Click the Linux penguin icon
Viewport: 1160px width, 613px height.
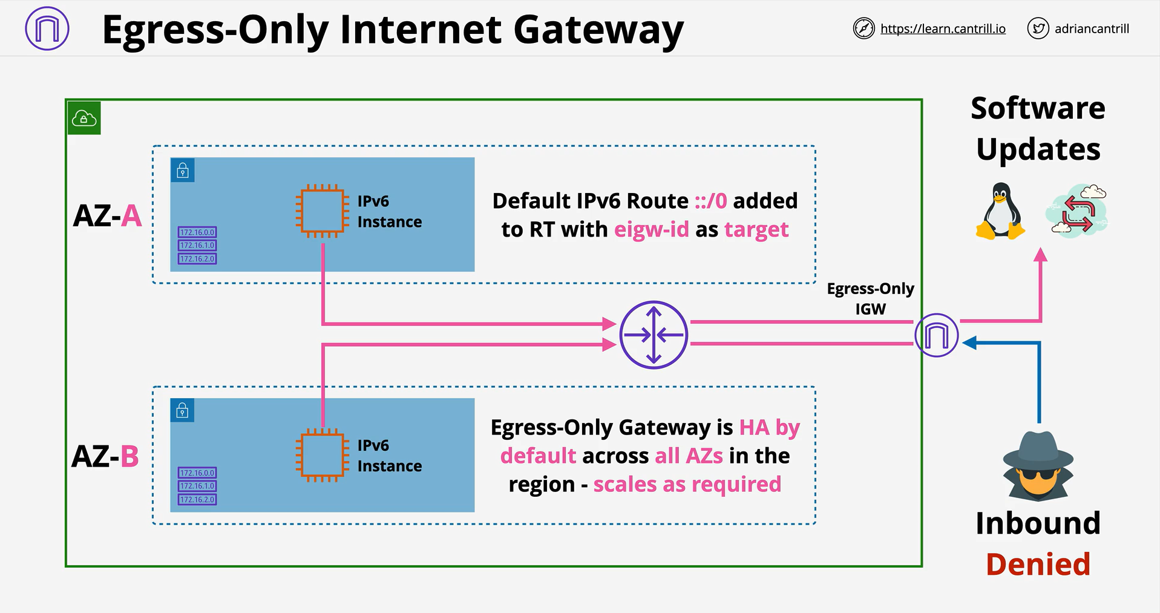pos(1000,211)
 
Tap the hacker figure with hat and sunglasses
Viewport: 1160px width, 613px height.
pos(1038,466)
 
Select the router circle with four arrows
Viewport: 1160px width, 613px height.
pos(654,335)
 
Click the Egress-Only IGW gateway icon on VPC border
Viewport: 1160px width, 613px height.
pos(936,335)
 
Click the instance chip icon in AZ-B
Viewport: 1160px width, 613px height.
pos(323,455)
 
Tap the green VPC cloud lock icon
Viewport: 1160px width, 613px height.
pos(84,118)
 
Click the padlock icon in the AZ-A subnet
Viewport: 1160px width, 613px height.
pos(183,171)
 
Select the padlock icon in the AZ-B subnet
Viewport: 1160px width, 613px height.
pos(183,411)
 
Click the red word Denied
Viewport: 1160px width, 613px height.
pos(1038,564)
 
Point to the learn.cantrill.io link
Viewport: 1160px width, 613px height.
pos(943,28)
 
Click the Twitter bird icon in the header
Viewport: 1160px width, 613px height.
pos(1038,28)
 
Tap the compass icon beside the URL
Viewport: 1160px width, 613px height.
pos(863,28)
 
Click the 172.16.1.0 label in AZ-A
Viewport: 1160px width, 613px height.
pos(197,246)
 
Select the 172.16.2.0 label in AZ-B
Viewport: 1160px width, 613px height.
pos(197,500)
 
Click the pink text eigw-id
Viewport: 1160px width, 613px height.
pos(651,230)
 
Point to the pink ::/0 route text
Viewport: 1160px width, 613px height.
pos(710,201)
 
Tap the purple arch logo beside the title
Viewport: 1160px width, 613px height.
pos(47,28)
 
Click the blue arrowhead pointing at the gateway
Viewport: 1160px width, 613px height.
pos(969,343)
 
